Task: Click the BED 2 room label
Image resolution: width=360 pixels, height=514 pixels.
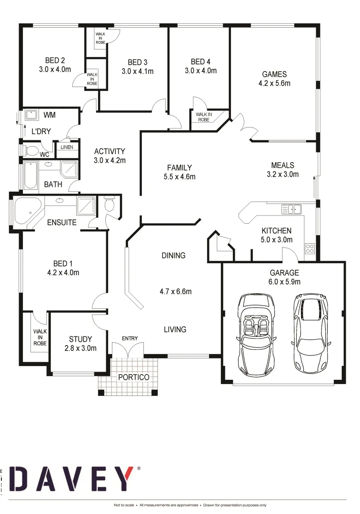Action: pyautogui.click(x=55, y=60)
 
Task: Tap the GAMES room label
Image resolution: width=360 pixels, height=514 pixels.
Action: pyautogui.click(x=274, y=74)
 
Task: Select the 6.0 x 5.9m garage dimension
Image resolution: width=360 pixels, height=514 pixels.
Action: pyautogui.click(x=284, y=282)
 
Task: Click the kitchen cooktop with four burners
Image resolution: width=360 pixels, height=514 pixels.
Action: pyautogui.click(x=310, y=248)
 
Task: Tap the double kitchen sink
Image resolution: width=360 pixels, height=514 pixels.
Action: pyautogui.click(x=290, y=208)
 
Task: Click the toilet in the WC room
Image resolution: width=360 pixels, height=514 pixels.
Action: pyautogui.click(x=31, y=151)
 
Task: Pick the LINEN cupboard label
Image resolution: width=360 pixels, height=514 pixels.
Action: pyautogui.click(x=67, y=148)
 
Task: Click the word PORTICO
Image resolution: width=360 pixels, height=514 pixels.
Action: pyautogui.click(x=134, y=377)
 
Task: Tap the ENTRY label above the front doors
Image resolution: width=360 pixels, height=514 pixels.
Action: pyautogui.click(x=130, y=338)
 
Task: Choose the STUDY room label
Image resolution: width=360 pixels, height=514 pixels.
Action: pyautogui.click(x=80, y=339)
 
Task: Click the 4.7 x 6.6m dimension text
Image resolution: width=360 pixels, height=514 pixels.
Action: pyautogui.click(x=175, y=291)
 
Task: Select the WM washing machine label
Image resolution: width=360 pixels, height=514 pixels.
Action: pyautogui.click(x=50, y=115)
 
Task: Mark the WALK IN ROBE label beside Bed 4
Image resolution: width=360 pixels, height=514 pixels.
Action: pyautogui.click(x=203, y=117)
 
